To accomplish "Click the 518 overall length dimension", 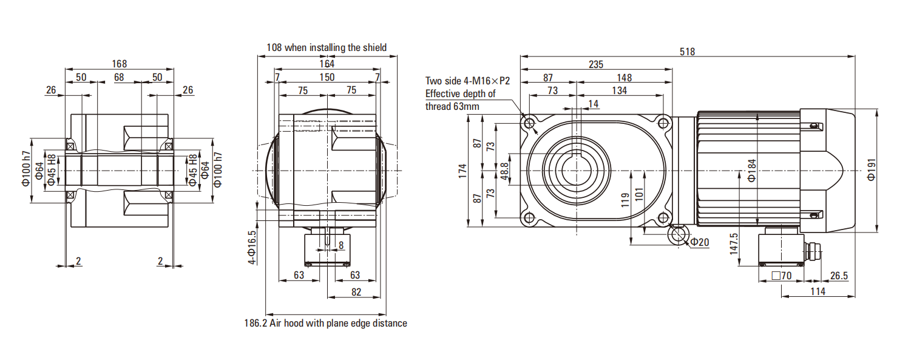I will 687,52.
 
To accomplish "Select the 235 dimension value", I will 595,65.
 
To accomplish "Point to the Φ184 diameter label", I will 751,171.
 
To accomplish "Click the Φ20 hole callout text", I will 700,242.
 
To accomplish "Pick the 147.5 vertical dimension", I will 734,243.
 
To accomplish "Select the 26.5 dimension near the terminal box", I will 839,276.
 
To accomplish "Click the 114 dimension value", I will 818,291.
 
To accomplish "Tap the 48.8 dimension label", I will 504,171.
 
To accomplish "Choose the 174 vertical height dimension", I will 462,171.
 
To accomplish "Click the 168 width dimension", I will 120,64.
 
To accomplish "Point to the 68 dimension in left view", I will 119,77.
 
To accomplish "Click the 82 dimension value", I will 356,292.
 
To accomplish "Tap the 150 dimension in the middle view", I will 327,77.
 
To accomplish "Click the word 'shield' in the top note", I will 373,47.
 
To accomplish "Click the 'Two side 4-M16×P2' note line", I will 467,81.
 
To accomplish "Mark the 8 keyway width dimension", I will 341,245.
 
